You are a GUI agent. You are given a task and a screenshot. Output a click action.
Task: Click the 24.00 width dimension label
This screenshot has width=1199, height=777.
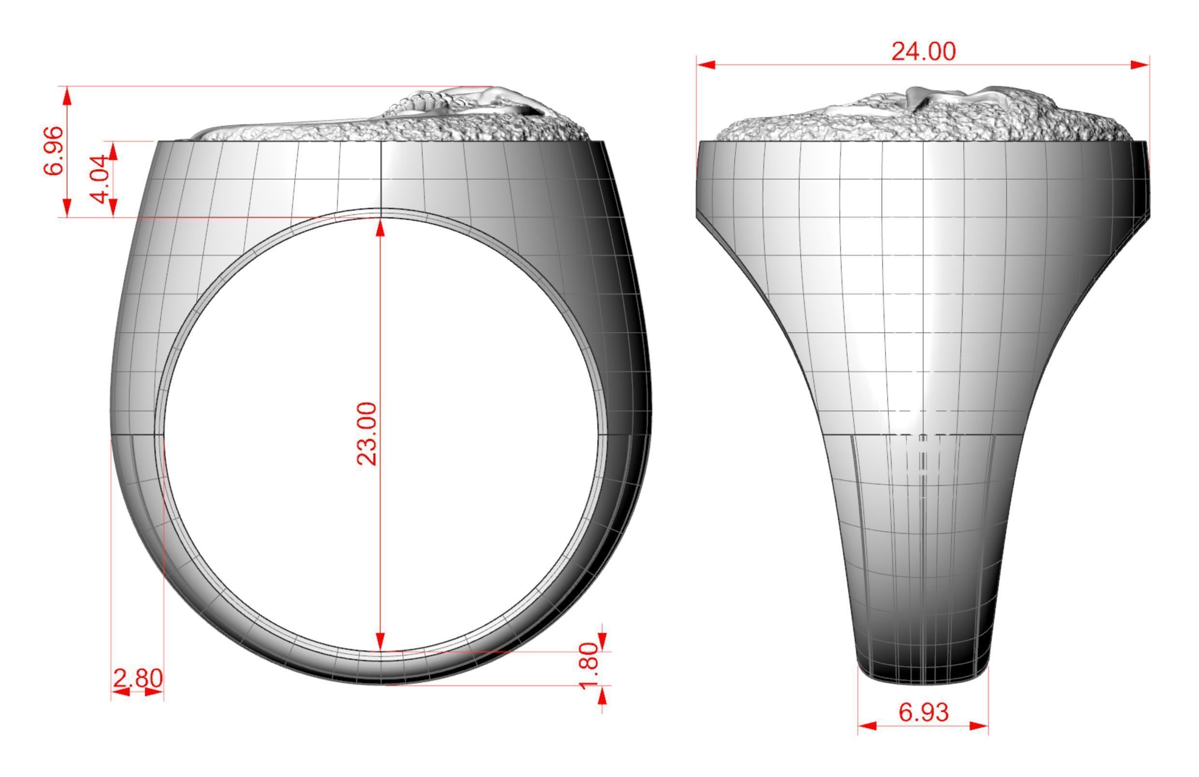pos(923,52)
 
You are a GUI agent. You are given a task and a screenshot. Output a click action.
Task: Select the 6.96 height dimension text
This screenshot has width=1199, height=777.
pos(53,151)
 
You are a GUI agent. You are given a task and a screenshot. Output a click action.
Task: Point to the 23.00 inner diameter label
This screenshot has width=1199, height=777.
pos(367,434)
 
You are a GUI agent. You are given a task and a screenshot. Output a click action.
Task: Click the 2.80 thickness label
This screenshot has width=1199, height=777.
pos(138,678)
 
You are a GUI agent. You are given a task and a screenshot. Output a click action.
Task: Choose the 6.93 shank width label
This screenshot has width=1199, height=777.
pos(924,712)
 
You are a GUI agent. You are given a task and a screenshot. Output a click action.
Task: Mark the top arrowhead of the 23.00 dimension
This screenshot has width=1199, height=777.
pos(380,227)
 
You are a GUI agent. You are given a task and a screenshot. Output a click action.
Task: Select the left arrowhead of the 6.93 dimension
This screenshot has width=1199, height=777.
pos(867,726)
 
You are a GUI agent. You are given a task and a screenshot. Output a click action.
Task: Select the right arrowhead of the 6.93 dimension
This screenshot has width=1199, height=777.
pos(979,726)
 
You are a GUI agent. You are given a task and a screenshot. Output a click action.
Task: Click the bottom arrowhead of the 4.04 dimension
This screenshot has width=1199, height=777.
pos(113,208)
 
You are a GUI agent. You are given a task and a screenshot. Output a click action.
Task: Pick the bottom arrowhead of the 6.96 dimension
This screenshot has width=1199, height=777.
pos(67,208)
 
